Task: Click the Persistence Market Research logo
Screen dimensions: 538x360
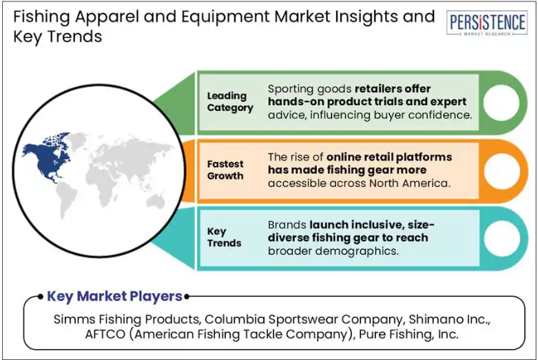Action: (486, 23)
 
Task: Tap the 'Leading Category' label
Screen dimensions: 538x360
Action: (230, 101)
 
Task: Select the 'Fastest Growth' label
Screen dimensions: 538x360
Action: (225, 170)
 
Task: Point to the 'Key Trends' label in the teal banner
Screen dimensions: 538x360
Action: (224, 237)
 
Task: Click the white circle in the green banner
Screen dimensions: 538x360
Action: (501, 103)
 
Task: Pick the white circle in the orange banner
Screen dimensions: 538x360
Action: (501, 171)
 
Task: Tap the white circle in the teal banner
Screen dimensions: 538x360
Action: (501, 238)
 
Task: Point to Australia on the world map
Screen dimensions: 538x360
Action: (156, 200)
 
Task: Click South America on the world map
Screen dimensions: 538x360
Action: (66, 199)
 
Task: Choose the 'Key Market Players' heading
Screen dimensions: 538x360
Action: (114, 296)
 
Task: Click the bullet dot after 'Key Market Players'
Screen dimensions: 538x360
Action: (186, 297)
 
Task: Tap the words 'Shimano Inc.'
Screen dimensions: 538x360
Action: (449, 319)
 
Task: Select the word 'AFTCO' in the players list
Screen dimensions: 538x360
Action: (105, 334)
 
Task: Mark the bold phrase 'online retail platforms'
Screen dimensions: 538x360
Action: (389, 157)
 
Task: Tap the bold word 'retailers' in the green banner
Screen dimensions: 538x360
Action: (377, 89)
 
